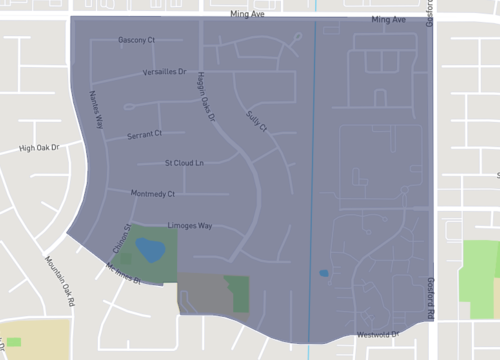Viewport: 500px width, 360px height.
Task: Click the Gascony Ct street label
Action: [136, 40]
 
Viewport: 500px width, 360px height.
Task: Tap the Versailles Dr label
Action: [165, 72]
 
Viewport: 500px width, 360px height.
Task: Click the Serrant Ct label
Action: [144, 133]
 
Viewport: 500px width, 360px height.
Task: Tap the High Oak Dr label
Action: [40, 147]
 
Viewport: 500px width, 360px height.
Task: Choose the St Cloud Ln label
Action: [184, 162]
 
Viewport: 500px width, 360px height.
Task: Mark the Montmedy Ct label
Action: [153, 193]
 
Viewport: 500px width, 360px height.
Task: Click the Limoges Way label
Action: [189, 226]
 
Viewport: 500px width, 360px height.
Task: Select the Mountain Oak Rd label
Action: [61, 280]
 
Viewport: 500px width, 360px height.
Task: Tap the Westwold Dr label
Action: [378, 334]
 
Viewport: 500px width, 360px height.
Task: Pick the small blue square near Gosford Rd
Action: [323, 273]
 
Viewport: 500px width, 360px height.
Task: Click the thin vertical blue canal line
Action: [315, 150]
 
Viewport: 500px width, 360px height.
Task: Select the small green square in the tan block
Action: [14, 342]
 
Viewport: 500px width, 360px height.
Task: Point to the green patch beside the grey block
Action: [238, 292]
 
